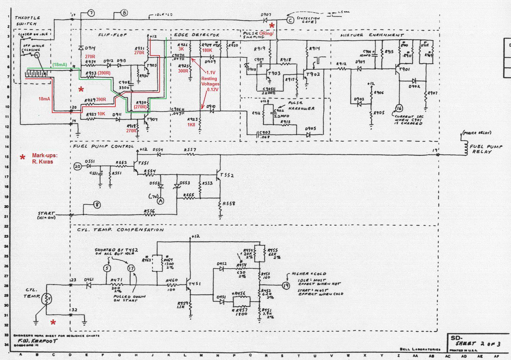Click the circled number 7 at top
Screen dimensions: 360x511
[91, 13]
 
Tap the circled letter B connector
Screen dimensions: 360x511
[124, 13]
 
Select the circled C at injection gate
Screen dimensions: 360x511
[290, 20]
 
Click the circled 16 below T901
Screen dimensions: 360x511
[399, 108]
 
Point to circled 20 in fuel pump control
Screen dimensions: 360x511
[77, 166]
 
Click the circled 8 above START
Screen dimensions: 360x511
[97, 205]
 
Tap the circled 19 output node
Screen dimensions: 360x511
[286, 285]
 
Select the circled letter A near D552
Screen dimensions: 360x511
[161, 201]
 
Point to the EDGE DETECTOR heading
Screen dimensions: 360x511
[196, 35]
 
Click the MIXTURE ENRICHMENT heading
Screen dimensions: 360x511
[372, 35]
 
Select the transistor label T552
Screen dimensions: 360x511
[227, 175]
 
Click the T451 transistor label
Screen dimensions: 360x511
[194, 284]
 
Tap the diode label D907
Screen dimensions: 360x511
[266, 15]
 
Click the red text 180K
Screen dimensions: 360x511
[207, 50]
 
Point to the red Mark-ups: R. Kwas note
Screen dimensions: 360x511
[45, 159]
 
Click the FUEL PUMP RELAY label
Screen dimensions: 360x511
[485, 149]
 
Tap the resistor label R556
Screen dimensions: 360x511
[149, 211]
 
